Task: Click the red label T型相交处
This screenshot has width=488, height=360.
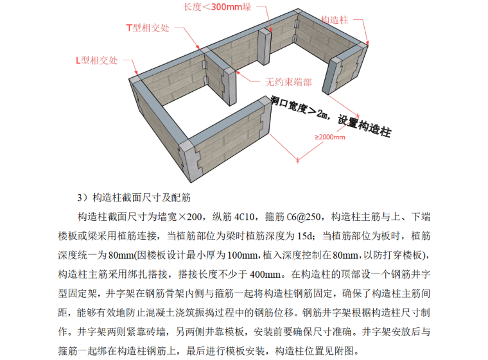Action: point(147,28)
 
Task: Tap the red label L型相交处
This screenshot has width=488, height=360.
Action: point(97,61)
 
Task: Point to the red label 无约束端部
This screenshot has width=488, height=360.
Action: point(288,83)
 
